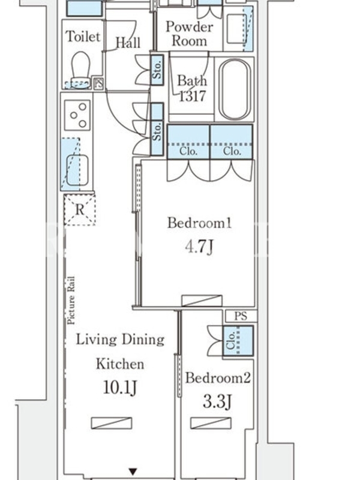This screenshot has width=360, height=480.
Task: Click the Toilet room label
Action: click(83, 37)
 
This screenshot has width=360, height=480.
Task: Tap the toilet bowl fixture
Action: click(81, 70)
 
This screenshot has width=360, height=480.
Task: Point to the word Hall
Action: click(128, 42)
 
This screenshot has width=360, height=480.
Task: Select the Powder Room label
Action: click(189, 34)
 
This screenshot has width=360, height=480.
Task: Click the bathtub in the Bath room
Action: click(235, 89)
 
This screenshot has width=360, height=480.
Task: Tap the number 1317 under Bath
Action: click(192, 96)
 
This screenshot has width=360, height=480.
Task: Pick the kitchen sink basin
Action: click(77, 170)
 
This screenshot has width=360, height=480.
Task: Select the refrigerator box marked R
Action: click(80, 210)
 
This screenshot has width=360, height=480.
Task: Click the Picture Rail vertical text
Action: click(71, 301)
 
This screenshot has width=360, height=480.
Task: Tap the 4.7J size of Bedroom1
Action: click(199, 247)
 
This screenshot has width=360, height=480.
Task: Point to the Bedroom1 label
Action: click(199, 223)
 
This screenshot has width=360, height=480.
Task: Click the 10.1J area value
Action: click(120, 388)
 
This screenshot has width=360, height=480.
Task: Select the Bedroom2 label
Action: click(218, 378)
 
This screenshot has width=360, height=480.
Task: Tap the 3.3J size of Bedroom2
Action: click(217, 401)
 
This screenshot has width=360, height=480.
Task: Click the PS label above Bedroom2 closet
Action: click(241, 316)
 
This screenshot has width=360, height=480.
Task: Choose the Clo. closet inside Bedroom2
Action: click(238, 341)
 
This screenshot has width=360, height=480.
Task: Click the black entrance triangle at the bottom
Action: click(133, 472)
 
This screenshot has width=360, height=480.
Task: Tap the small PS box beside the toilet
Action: click(98, 83)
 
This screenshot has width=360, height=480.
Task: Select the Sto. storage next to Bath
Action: click(157, 70)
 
